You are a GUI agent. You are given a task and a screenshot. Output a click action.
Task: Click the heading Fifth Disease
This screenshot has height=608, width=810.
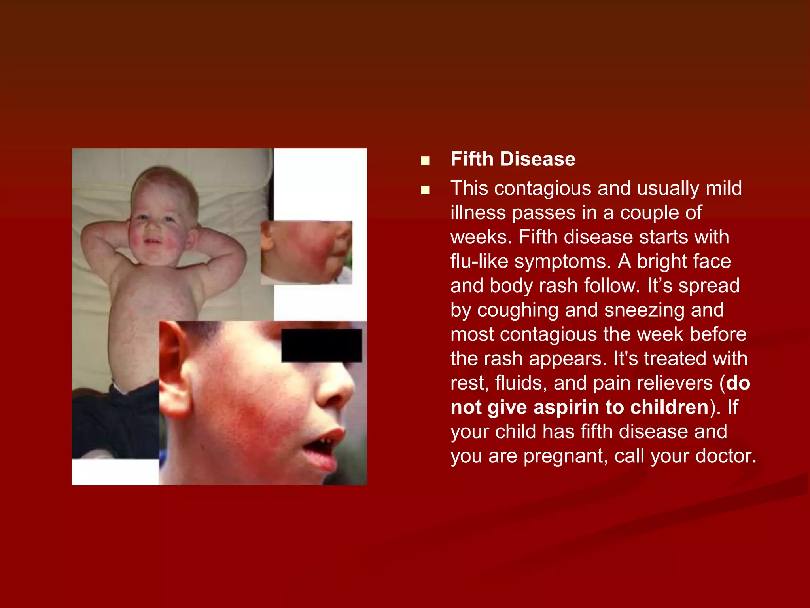click(x=513, y=159)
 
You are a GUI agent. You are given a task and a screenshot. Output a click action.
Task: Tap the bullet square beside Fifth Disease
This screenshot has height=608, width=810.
click(x=425, y=160)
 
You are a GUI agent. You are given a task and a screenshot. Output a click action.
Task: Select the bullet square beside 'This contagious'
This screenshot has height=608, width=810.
click(x=425, y=190)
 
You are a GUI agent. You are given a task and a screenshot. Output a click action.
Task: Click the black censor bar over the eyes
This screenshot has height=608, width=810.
click(x=321, y=345)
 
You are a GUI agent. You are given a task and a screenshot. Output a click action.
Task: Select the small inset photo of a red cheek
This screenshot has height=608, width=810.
click(x=306, y=252)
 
